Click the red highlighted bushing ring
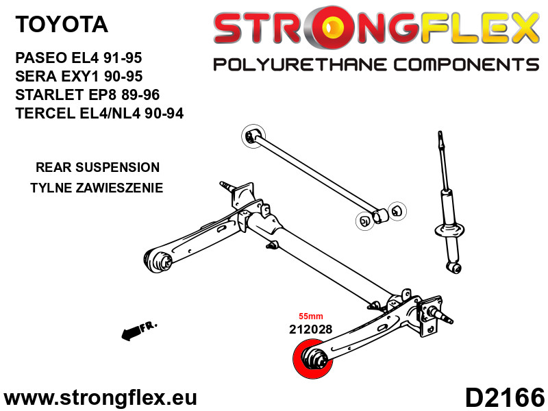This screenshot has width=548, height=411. click(313, 359)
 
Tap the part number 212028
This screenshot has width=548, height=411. click(310, 329)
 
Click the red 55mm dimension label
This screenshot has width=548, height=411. click(311, 316)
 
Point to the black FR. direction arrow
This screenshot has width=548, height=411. click(139, 330)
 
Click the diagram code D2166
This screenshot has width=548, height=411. click(505, 397)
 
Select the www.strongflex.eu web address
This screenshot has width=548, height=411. click(100, 398)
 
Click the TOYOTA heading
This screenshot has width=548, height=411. click(62, 24)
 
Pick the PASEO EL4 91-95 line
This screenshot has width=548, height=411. click(79, 58)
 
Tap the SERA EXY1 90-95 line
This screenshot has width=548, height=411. click(79, 76)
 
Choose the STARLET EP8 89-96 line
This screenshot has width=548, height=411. click(88, 95)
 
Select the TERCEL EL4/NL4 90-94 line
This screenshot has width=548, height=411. click(99, 113)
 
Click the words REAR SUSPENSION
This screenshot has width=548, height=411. click(97, 167)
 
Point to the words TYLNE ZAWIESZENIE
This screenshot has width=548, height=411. click(97, 188)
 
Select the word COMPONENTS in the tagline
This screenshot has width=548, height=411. click(466, 64)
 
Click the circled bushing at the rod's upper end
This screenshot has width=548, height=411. click(253, 136)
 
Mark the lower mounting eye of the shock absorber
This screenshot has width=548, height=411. click(455, 268)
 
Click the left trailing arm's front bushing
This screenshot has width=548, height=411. click(158, 260)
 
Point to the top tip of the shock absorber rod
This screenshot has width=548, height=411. click(440, 132)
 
